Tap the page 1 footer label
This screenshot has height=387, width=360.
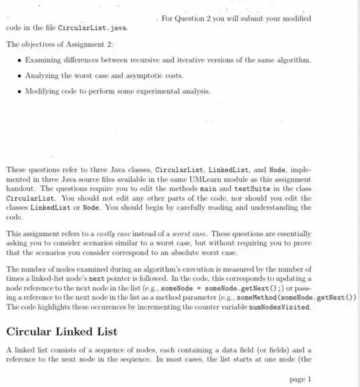(x=301, y=379)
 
